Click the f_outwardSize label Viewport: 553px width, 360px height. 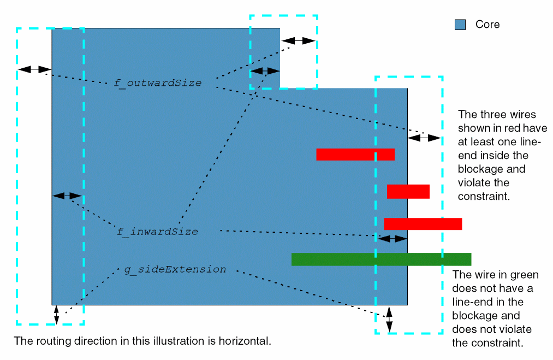pyautogui.click(x=157, y=83)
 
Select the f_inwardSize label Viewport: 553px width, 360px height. pyautogui.click(x=157, y=232)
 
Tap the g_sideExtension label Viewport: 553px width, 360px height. pyautogui.click(x=175, y=269)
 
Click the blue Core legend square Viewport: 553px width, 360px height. pyautogui.click(x=460, y=25)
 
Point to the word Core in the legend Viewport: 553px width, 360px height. pyautogui.click(x=487, y=25)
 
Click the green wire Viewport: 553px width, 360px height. pyautogui.click(x=381, y=259)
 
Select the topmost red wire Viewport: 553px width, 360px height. pyautogui.click(x=355, y=154)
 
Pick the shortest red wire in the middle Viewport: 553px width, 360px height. pyautogui.click(x=408, y=191)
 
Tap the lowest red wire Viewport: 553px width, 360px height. pyautogui.click(x=423, y=224)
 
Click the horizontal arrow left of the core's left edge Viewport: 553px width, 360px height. pyautogui.click(x=34, y=69)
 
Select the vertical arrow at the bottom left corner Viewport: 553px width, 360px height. pyautogui.click(x=56, y=315)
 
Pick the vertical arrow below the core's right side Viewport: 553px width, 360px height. pyautogui.click(x=389, y=320)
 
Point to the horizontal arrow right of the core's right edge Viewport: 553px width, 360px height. pyautogui.click(x=424, y=138)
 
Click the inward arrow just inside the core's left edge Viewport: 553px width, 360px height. pyautogui.click(x=67, y=195)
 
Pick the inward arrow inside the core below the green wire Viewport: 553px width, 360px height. pyautogui.click(x=393, y=238)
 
